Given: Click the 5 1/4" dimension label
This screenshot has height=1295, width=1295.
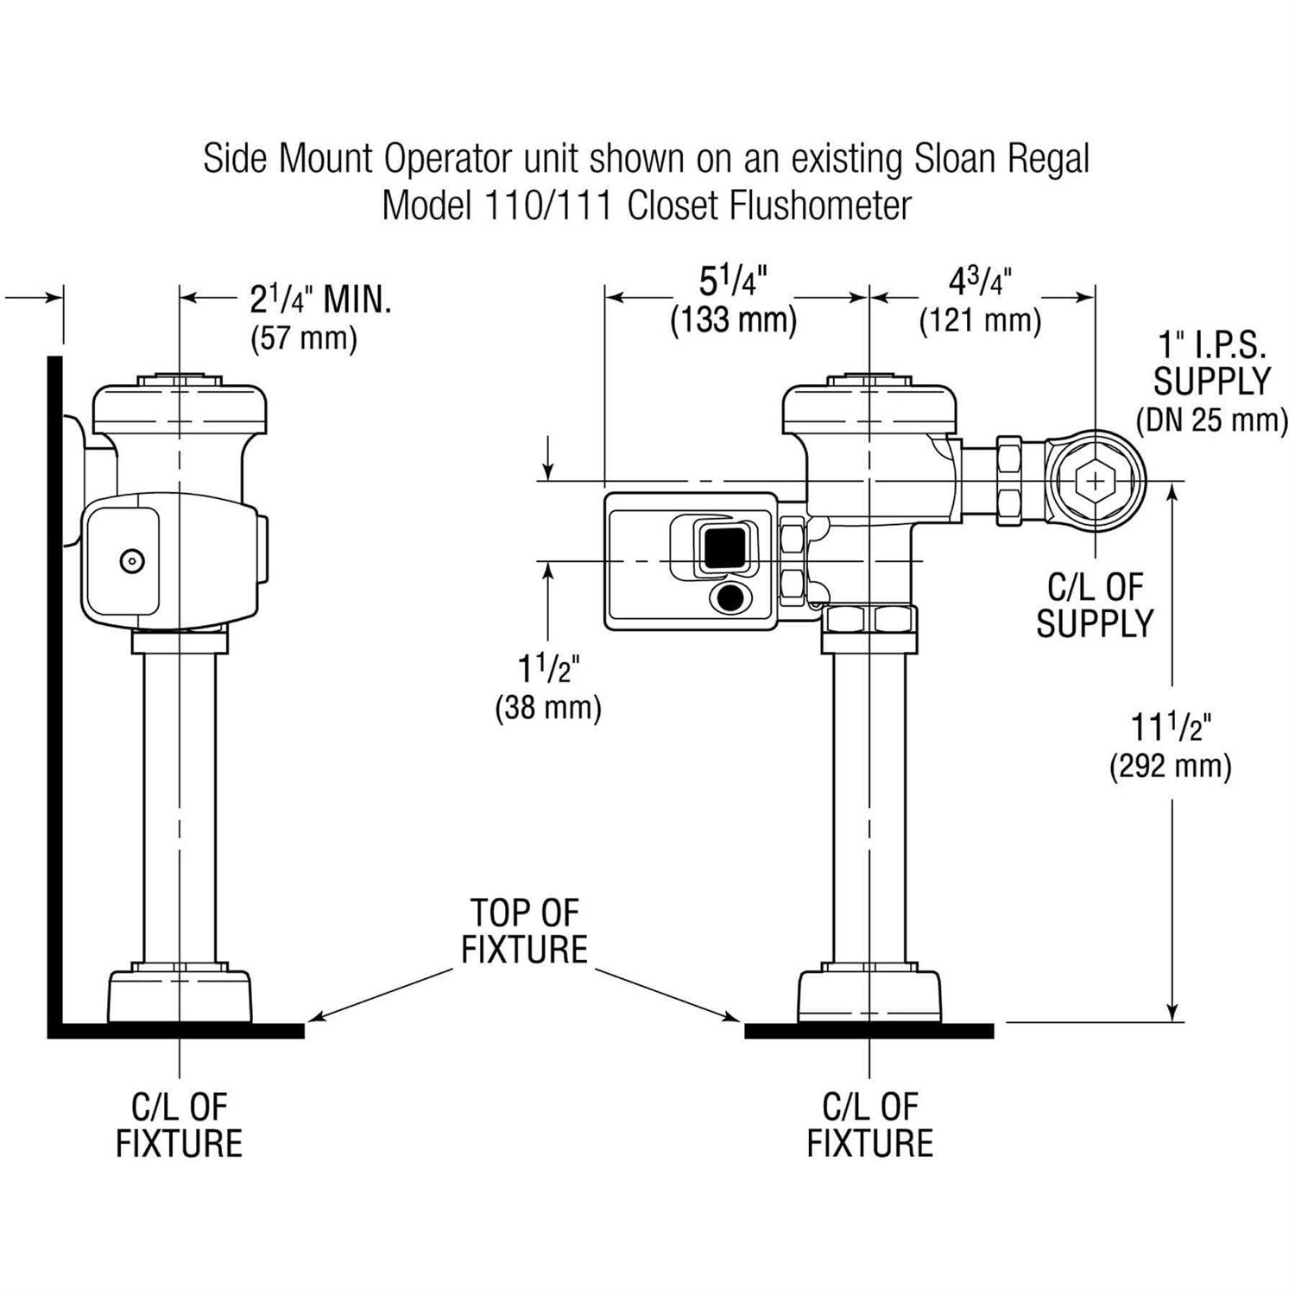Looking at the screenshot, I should (x=733, y=285).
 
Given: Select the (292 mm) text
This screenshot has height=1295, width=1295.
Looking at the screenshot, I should (x=1170, y=766).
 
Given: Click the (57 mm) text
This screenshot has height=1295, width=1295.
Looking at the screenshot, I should (x=304, y=338).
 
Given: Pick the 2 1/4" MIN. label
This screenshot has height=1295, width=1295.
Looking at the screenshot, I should (x=320, y=300).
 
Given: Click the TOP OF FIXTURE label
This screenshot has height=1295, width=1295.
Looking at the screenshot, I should (x=524, y=931).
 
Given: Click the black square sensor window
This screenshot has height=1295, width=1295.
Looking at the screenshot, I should (x=724, y=547).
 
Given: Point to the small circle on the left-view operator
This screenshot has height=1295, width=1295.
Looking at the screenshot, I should (x=131, y=561).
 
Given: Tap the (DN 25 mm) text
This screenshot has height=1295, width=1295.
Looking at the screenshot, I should (x=1211, y=420).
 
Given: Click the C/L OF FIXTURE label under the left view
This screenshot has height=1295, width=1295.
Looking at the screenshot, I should (x=179, y=1124).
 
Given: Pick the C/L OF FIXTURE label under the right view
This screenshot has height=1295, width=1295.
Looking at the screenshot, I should (x=869, y=1124).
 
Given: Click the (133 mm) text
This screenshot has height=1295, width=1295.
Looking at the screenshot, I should (x=734, y=320).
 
